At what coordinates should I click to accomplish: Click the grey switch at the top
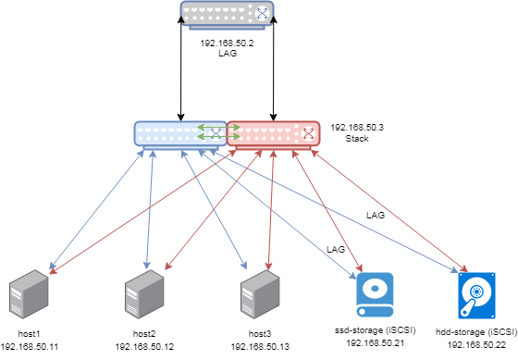click(x=228, y=14)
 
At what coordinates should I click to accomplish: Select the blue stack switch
click(x=179, y=133)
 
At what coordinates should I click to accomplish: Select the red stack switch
click(x=274, y=133)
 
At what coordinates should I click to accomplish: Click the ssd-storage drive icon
click(x=376, y=294)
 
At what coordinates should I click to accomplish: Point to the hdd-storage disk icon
click(x=477, y=294)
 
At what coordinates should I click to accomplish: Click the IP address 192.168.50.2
click(x=228, y=43)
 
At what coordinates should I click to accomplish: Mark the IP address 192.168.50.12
click(x=144, y=346)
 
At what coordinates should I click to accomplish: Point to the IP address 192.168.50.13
click(x=260, y=346)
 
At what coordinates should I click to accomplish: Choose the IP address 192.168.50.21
click(x=376, y=342)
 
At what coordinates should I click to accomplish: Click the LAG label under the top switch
click(x=228, y=55)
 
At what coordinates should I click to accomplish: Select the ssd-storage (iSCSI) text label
click(x=376, y=330)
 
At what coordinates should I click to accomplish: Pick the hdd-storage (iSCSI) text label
click(x=477, y=330)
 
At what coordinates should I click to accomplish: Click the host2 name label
click(x=144, y=333)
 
